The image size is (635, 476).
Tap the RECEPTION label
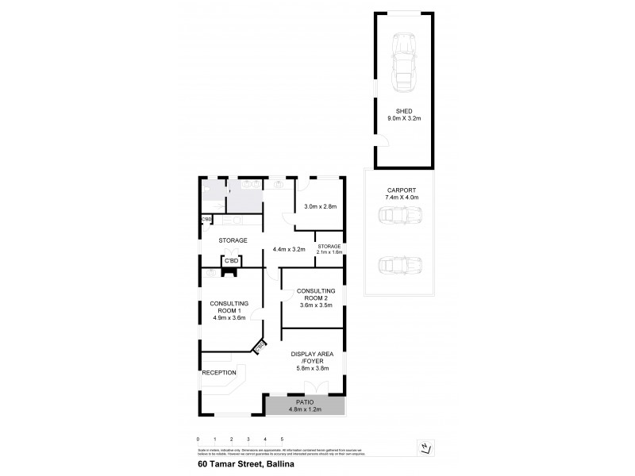tap(218, 372)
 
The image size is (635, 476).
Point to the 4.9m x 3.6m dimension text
tap(229, 317)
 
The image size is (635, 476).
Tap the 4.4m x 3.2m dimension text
tap(289, 248)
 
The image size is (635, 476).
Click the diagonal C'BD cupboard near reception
tap(260, 346)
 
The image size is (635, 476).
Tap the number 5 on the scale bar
tap(282, 439)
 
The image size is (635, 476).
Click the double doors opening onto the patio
tap(316, 389)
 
